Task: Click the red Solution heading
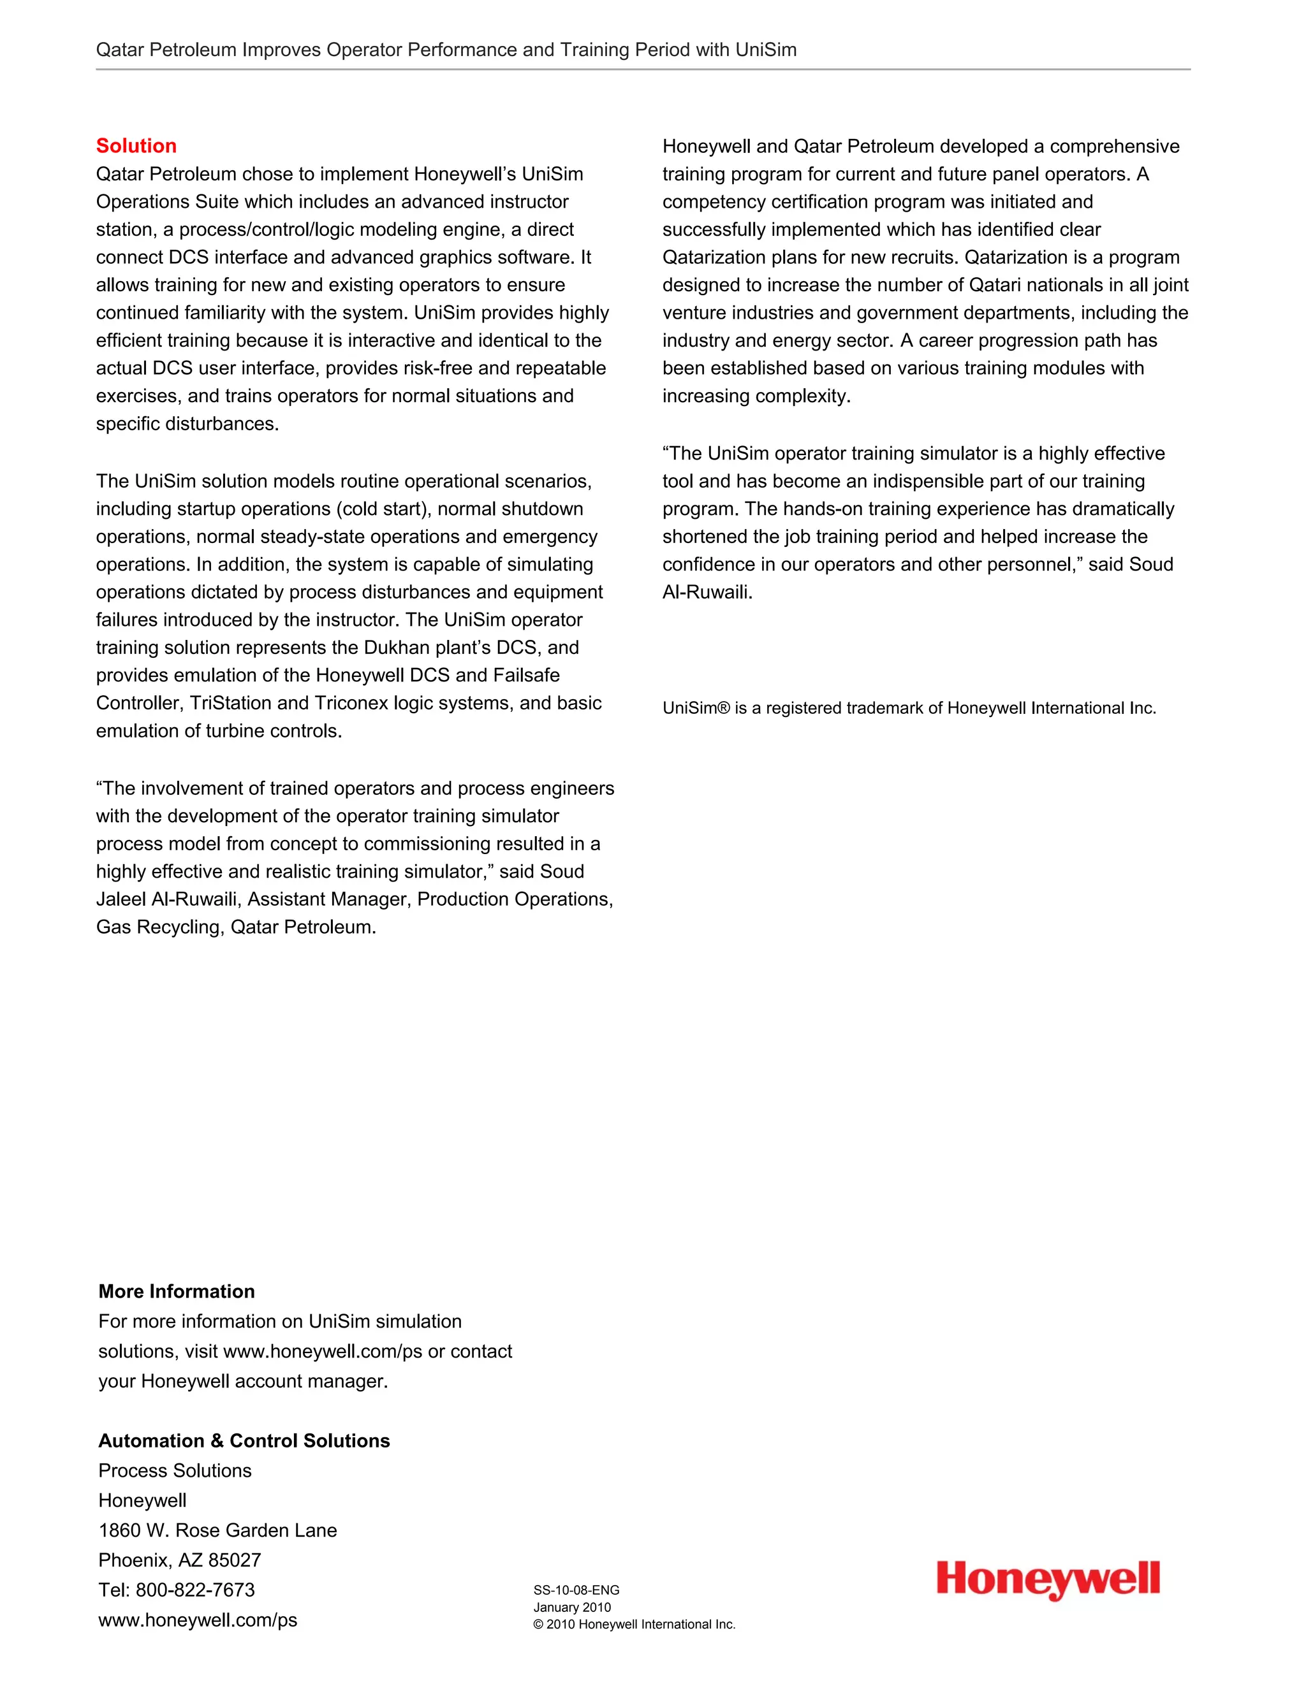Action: click(136, 145)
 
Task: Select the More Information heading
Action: click(177, 1291)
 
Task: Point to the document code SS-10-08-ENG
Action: click(576, 1590)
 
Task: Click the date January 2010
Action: click(572, 1607)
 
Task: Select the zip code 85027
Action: click(235, 1560)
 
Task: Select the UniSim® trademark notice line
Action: click(909, 707)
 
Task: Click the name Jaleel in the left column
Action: click(121, 899)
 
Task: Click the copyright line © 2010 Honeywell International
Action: click(634, 1624)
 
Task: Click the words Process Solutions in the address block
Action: click(175, 1470)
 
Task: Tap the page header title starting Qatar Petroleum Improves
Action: click(446, 50)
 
